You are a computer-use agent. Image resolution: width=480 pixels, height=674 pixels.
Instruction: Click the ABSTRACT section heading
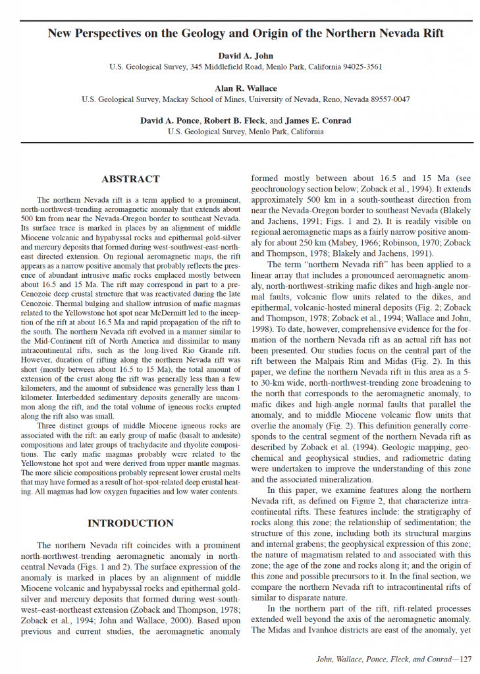(x=130, y=179)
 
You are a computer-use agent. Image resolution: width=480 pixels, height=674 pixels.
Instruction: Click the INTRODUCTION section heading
(x=130, y=523)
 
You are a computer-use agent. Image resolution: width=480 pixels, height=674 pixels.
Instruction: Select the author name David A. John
(x=245, y=55)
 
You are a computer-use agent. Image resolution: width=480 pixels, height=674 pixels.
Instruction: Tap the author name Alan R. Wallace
(x=245, y=88)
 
